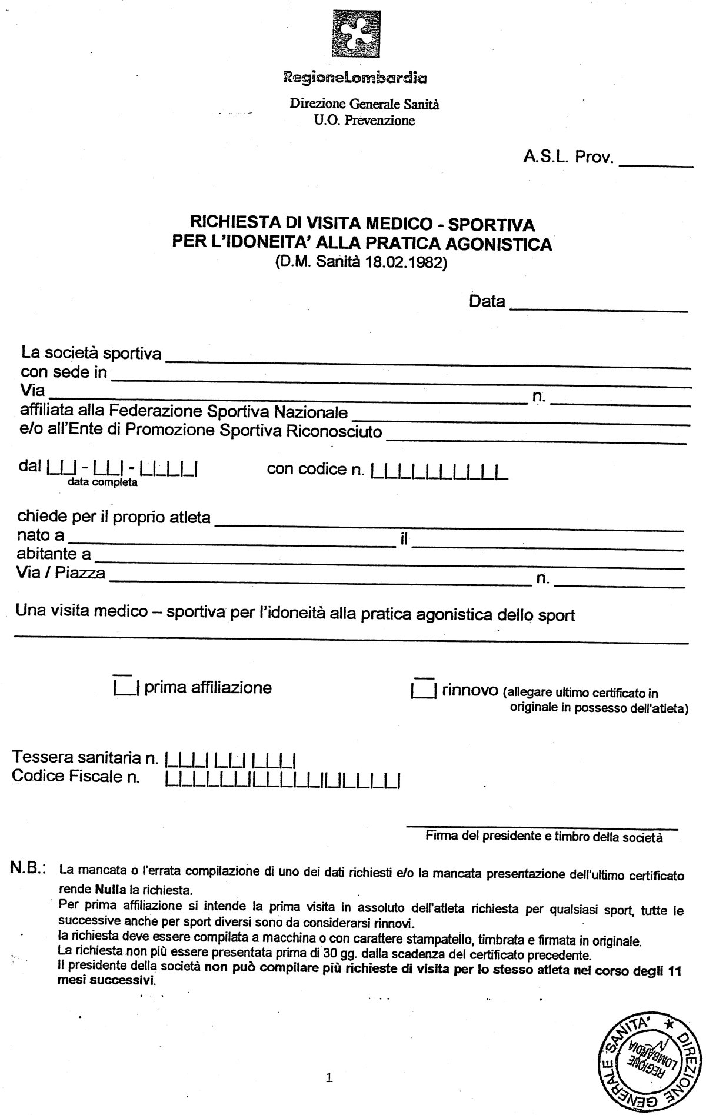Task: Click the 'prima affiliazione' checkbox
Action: [x=125, y=686]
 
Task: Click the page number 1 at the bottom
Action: [x=329, y=1094]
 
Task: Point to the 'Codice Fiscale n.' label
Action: [x=76, y=777]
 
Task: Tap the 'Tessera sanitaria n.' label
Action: [x=85, y=757]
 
